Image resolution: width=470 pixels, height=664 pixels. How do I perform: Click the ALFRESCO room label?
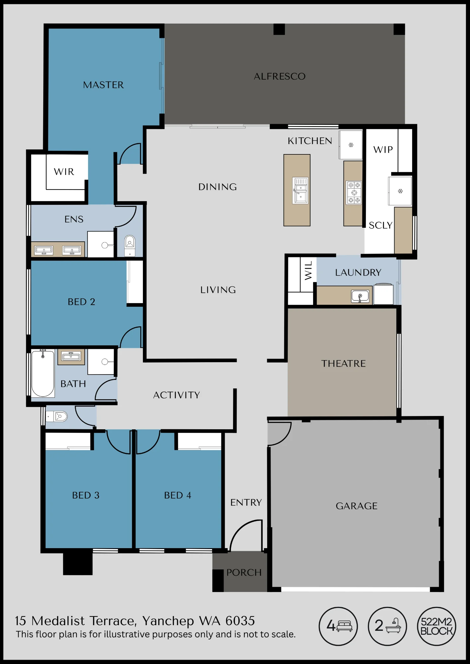(x=280, y=76)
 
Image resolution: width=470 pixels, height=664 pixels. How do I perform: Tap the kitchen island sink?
(x=300, y=191)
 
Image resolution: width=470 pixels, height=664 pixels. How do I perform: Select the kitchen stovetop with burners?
(x=354, y=193)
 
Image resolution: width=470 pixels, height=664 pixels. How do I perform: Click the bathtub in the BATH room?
(x=43, y=373)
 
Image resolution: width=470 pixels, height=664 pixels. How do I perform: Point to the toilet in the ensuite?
(x=130, y=245)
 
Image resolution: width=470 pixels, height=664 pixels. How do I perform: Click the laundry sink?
(x=360, y=296)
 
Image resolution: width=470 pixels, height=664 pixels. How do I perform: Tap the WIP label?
(x=383, y=150)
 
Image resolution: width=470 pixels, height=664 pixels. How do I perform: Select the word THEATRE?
(x=343, y=364)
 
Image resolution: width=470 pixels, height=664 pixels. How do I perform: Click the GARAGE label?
(x=357, y=506)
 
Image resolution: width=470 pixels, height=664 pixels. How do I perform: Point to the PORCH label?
(x=244, y=572)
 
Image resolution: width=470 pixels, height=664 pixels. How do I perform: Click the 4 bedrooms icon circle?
(x=338, y=626)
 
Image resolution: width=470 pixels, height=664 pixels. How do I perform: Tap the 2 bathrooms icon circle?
(x=387, y=626)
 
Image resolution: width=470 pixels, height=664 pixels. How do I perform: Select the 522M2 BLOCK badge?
(x=436, y=626)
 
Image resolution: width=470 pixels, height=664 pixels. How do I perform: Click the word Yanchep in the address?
(x=168, y=621)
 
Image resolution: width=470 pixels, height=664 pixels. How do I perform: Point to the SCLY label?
(x=381, y=225)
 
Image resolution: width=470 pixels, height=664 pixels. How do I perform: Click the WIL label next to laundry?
(x=308, y=270)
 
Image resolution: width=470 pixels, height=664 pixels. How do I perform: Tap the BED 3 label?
(x=86, y=495)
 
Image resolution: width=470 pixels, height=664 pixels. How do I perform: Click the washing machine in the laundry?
(x=383, y=294)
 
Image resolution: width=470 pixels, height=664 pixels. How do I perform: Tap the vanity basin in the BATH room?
(x=71, y=357)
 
